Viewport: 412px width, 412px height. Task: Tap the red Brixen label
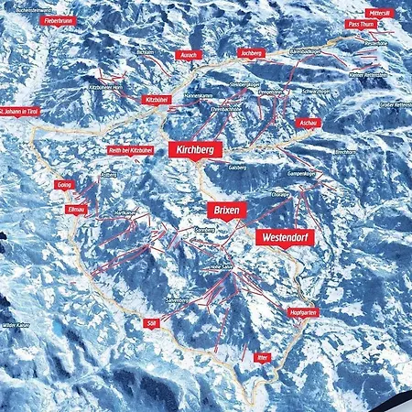pos(226,209)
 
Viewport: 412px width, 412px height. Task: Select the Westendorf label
pos(284,236)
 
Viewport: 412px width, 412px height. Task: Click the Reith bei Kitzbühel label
pos(128,148)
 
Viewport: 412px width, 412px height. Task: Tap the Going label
pos(64,184)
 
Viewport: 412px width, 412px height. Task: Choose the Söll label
pos(152,322)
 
